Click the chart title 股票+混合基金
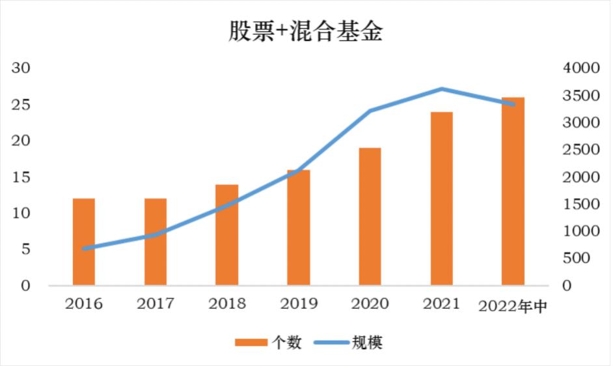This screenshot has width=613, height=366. (305, 30)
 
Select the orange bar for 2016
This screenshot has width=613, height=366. (84, 242)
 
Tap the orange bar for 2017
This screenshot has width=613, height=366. (156, 242)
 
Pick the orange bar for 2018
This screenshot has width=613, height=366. (227, 235)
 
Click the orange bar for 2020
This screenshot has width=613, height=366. (370, 217)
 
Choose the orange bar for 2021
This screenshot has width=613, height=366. (441, 199)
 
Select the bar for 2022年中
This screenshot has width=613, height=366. (513, 191)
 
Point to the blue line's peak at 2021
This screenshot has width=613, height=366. (441, 89)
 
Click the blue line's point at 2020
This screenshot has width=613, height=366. (370, 111)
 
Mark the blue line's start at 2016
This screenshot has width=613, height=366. (84, 248)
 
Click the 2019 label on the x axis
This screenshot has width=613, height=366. (299, 304)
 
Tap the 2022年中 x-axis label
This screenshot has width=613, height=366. (513, 305)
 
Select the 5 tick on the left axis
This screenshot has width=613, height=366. (25, 249)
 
